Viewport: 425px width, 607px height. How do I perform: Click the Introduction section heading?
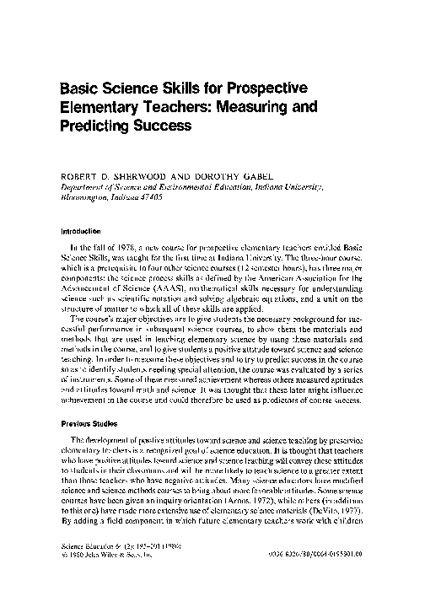coord(80,228)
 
